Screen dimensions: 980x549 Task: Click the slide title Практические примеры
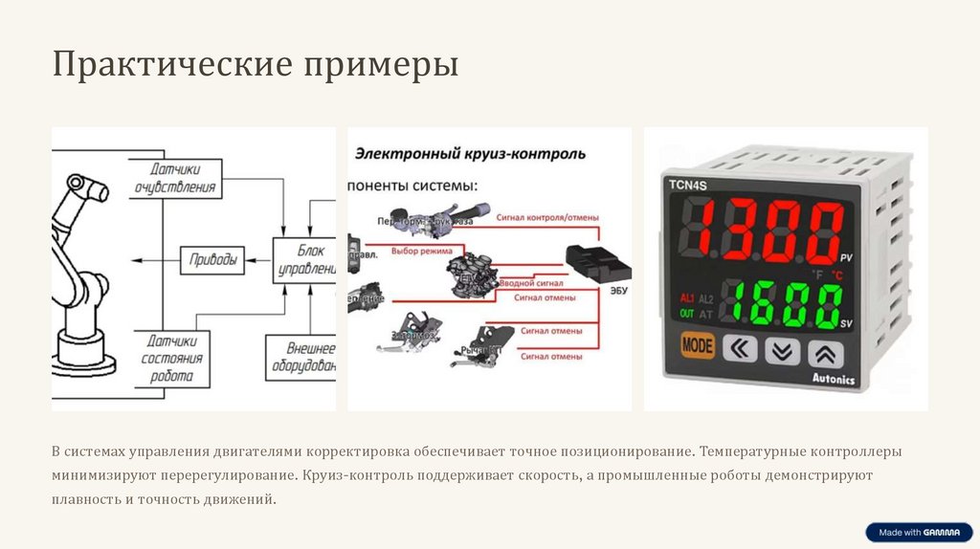pos(256,65)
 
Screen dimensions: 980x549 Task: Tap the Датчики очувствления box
pos(175,179)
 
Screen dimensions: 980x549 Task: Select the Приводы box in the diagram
pos(212,257)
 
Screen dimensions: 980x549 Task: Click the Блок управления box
pos(305,258)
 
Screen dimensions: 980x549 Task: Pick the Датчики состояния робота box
pos(172,359)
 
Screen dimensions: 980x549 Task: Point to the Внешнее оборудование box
pos(301,358)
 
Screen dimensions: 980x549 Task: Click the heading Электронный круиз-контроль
pos(471,153)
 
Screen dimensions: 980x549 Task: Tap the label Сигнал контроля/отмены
pos(547,218)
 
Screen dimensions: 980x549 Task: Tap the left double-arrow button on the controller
pos(739,349)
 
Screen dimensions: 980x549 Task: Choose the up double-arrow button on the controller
pos(825,353)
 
